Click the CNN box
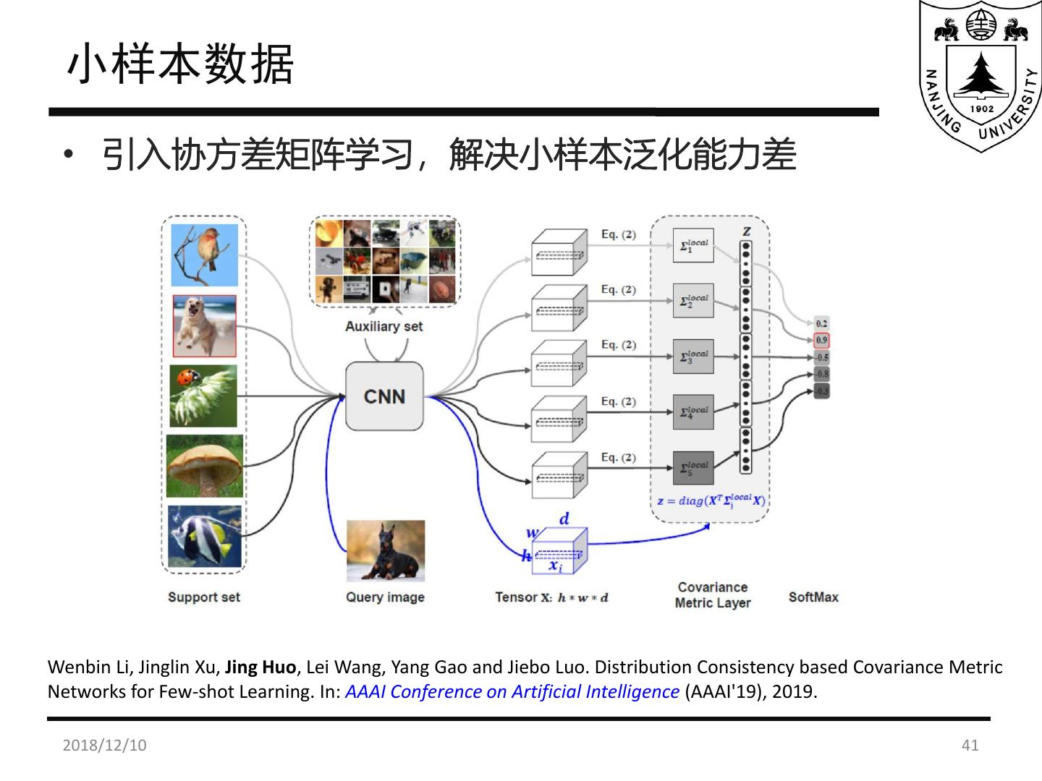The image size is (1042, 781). coord(384,396)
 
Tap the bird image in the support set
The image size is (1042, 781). coord(205,255)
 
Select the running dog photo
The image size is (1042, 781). coord(205,325)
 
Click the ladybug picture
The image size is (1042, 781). coord(203,396)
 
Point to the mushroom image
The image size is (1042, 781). coord(205,466)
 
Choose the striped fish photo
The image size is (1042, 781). coord(205,536)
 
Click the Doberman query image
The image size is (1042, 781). coord(386,551)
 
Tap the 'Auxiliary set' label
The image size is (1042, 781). coord(384,326)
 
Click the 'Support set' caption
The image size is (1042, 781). coord(203,597)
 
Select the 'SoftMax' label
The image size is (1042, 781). coord(813,597)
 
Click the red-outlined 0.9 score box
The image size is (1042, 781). coord(821,340)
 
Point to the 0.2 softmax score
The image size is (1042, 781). coord(821,323)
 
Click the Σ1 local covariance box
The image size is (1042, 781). coord(693,245)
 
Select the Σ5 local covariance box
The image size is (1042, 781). coord(693,468)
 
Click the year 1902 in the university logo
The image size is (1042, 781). coord(981,108)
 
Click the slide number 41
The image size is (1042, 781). coord(970,745)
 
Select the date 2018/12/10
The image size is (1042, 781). coord(104,745)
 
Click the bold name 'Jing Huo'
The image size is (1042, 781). coord(260,667)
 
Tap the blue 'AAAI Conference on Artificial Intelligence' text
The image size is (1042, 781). coord(512,691)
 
